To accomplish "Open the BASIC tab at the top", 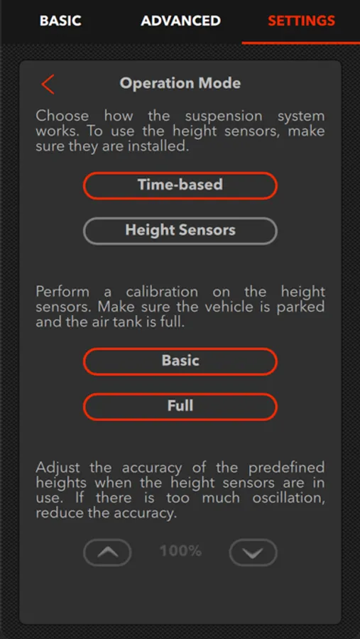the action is click(60, 21).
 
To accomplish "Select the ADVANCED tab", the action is click(180, 21).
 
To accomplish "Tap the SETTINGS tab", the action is click(301, 21).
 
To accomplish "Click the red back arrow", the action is click(48, 84).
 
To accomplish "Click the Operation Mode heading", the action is click(180, 83).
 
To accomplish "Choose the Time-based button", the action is click(180, 185).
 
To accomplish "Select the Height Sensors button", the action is click(180, 231).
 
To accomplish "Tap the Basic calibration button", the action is click(180, 361).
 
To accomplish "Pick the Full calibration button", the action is click(180, 406).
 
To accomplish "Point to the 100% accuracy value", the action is click(180, 552).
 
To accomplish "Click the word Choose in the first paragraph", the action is click(62, 116).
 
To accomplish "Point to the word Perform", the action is click(62, 293).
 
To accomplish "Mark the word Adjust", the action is click(58, 468).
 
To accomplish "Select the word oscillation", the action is click(289, 498).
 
